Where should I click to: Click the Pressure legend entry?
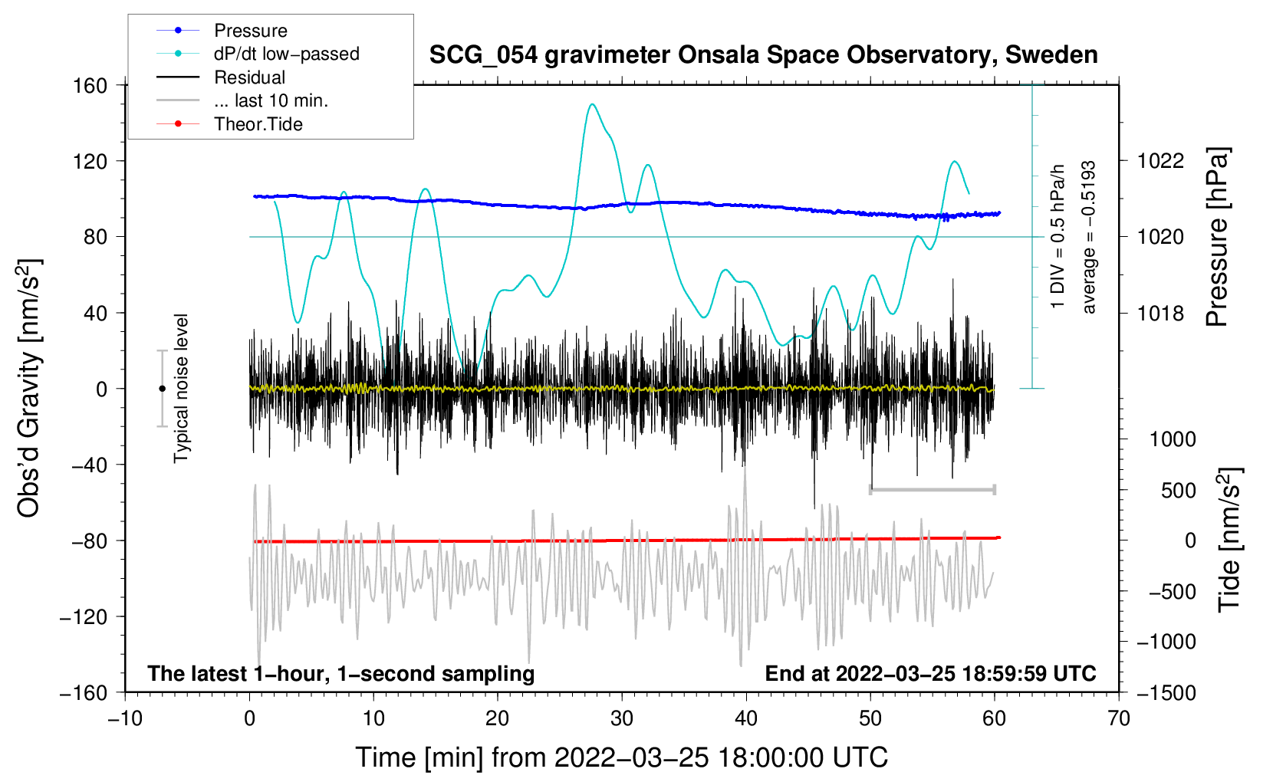pos(222,30)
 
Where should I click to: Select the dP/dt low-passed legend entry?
pos(258,54)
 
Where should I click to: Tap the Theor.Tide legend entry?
pos(229,124)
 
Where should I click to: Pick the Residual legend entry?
pos(221,77)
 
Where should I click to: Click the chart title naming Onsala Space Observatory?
pos(763,55)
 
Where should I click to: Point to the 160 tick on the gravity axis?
pos(90,86)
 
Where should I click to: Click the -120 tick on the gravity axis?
pos(84,616)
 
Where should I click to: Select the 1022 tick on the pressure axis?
pos(1160,161)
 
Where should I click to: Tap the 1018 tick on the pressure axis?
pos(1160,313)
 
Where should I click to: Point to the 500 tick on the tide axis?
pos(1179,490)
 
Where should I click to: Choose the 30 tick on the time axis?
pos(622,718)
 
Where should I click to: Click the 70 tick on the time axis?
pos(1119,718)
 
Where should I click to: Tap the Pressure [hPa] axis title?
pos(1218,237)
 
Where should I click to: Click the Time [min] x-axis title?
pos(622,758)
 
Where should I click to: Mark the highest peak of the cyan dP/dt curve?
pos(592,104)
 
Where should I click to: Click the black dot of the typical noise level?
pos(162,389)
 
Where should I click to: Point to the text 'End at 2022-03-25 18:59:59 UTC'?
pos(930,673)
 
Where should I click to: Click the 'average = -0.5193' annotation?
pos(1088,237)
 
